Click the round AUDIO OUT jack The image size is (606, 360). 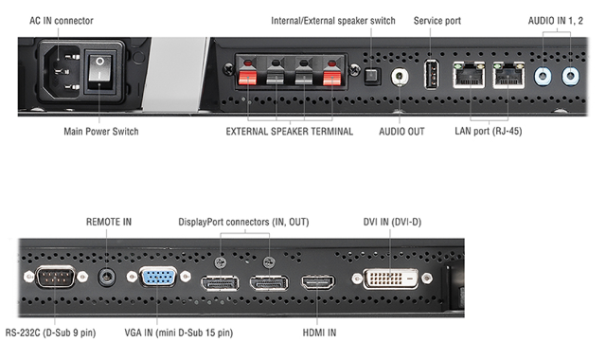pos(402,76)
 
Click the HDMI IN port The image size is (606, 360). pos(318,282)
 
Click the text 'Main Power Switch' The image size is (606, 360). pos(100,132)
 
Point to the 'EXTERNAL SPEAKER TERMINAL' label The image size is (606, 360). pos(289,132)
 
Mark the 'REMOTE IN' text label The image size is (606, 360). pos(108,223)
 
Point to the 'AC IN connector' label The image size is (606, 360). pos(62,20)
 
